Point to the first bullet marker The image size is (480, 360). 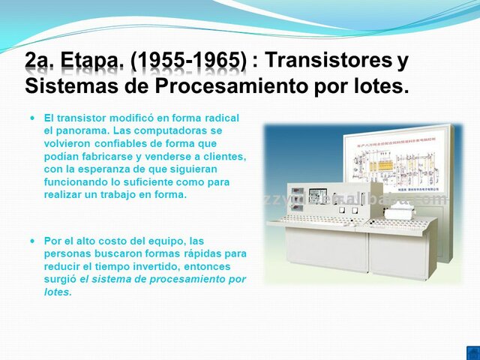pyautogui.click(x=32, y=118)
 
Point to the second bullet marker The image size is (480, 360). pyautogui.click(x=32, y=241)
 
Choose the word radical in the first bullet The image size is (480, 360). pyautogui.click(x=220, y=118)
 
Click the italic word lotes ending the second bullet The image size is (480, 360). pyautogui.click(x=57, y=292)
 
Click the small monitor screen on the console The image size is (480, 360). pyautogui.click(x=318, y=194)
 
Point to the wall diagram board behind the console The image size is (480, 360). pyautogui.click(x=398, y=161)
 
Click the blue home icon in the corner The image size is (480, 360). pyautogui.click(x=472, y=352)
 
